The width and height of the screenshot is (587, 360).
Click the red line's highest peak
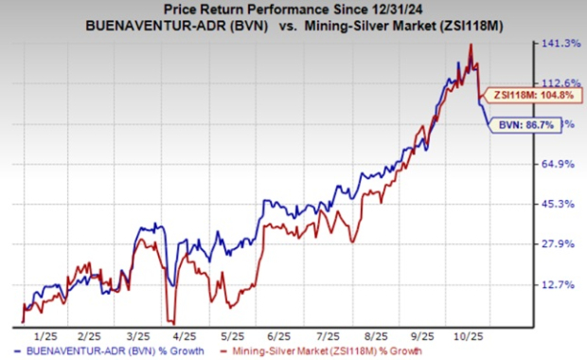471,45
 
